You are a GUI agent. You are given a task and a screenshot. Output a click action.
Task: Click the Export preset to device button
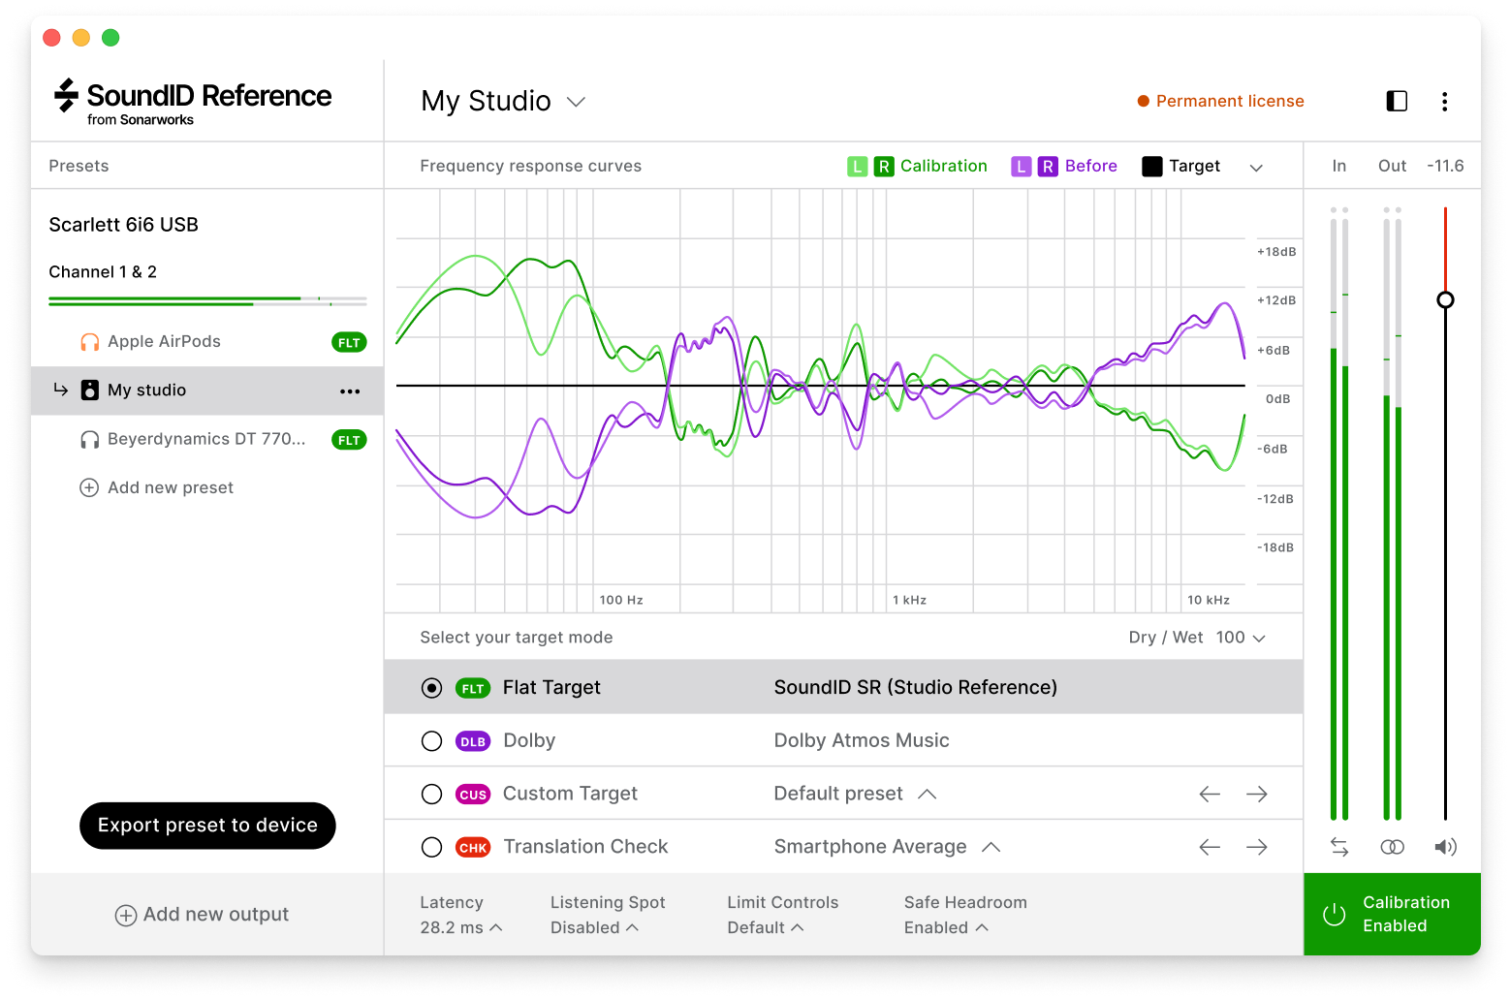pyautogui.click(x=207, y=826)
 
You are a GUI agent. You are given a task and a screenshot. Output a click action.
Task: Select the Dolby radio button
pyautogui.click(x=432, y=741)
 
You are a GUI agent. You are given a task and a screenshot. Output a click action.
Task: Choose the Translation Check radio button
pyautogui.click(x=432, y=848)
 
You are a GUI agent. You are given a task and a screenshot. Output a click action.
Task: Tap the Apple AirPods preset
pyautogui.click(x=164, y=342)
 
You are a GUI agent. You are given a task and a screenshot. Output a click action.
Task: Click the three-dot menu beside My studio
pyautogui.click(x=350, y=391)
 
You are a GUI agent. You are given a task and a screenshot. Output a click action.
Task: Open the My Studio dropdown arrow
pyautogui.click(x=576, y=102)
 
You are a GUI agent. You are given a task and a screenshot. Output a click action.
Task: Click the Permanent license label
pyautogui.click(x=1229, y=102)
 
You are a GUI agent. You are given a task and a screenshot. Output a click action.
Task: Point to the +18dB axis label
pyautogui.click(x=1276, y=252)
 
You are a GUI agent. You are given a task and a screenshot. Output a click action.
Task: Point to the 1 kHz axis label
pyautogui.click(x=910, y=601)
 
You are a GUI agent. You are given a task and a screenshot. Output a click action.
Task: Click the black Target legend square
pyautogui.click(x=1151, y=167)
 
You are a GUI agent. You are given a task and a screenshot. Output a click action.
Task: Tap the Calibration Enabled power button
pyautogui.click(x=1335, y=915)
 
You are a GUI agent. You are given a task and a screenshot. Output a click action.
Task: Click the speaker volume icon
pyautogui.click(x=1445, y=848)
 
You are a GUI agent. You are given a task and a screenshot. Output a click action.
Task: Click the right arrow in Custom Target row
pyautogui.click(x=1257, y=795)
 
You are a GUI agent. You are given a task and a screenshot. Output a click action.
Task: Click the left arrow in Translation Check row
pyautogui.click(x=1210, y=848)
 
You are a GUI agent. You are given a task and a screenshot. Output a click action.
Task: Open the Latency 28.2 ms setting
pyautogui.click(x=461, y=927)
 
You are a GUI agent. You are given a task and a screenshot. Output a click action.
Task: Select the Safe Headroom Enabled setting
pyautogui.click(x=946, y=927)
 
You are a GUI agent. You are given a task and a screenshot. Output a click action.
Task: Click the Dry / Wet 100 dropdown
pyautogui.click(x=1242, y=638)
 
